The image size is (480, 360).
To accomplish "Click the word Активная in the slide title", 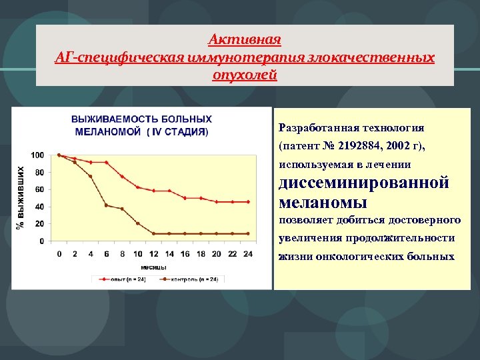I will [x=244, y=39].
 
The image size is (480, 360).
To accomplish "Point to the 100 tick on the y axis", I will [x=37, y=155].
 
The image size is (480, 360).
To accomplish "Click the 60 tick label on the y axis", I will [x=39, y=189].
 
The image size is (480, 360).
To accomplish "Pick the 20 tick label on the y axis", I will [x=39, y=224].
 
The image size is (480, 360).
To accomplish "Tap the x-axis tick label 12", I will [x=154, y=253].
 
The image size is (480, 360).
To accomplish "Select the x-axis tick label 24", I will [x=249, y=253].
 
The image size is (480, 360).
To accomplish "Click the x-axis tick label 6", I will [x=107, y=253].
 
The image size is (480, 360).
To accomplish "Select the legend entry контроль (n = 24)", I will [x=194, y=279].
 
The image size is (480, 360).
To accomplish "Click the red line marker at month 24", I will [x=249, y=201].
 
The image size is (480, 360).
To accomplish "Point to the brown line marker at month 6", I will [x=107, y=205].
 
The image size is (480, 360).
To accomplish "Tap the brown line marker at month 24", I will [x=249, y=233].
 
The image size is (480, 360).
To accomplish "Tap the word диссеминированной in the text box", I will [x=364, y=183].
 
